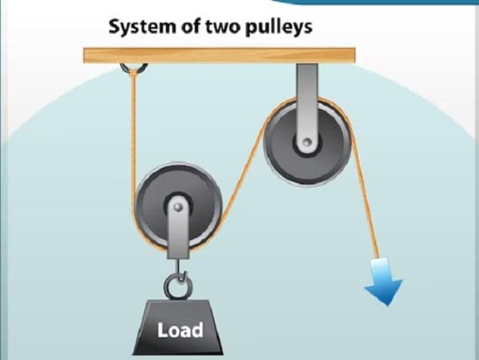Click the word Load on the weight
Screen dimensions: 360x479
tap(180, 329)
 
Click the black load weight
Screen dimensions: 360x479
tap(180, 323)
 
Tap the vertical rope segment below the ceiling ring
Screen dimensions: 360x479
tap(133, 128)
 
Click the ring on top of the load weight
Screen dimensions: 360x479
tap(176, 284)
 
